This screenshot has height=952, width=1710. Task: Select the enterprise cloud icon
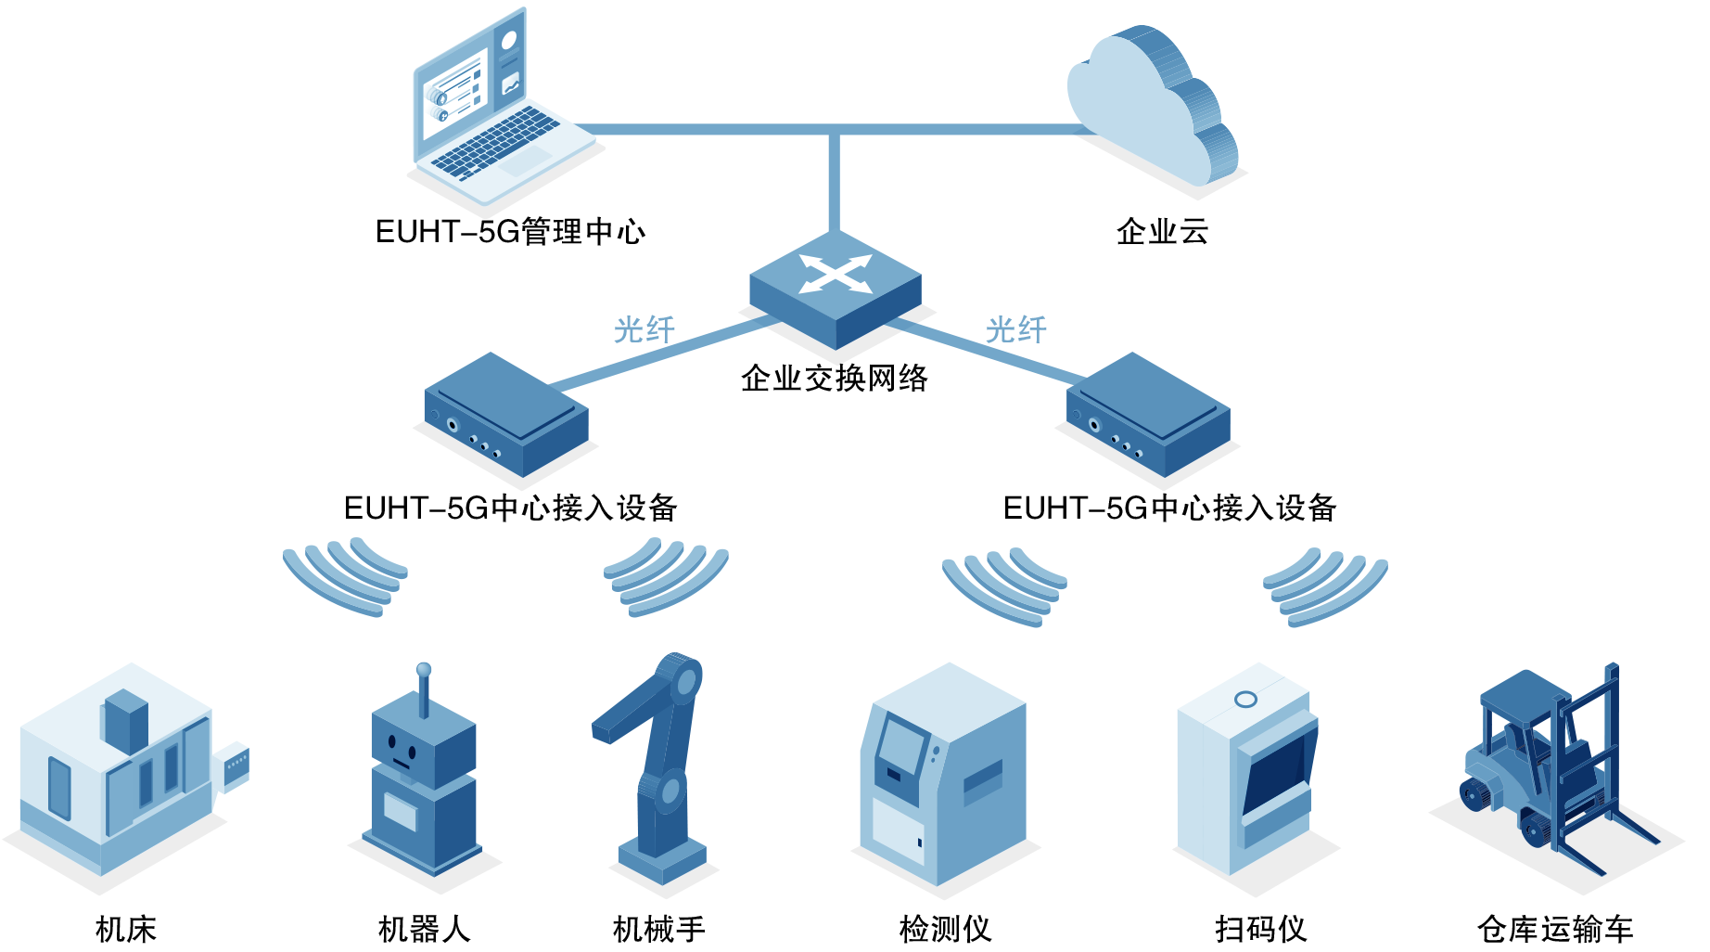point(1155,107)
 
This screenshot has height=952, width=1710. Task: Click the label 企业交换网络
point(834,379)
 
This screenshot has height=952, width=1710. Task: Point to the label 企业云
point(1162,231)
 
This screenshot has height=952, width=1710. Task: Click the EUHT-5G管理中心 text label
point(510,231)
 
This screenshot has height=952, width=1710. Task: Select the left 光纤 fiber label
point(644,329)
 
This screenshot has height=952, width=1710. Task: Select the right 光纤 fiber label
point(1015,329)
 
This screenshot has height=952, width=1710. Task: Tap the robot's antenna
point(424,687)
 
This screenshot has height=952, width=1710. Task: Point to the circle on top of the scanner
point(1245,699)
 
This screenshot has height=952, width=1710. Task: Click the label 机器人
point(424,929)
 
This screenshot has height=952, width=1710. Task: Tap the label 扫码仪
point(1260,929)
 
